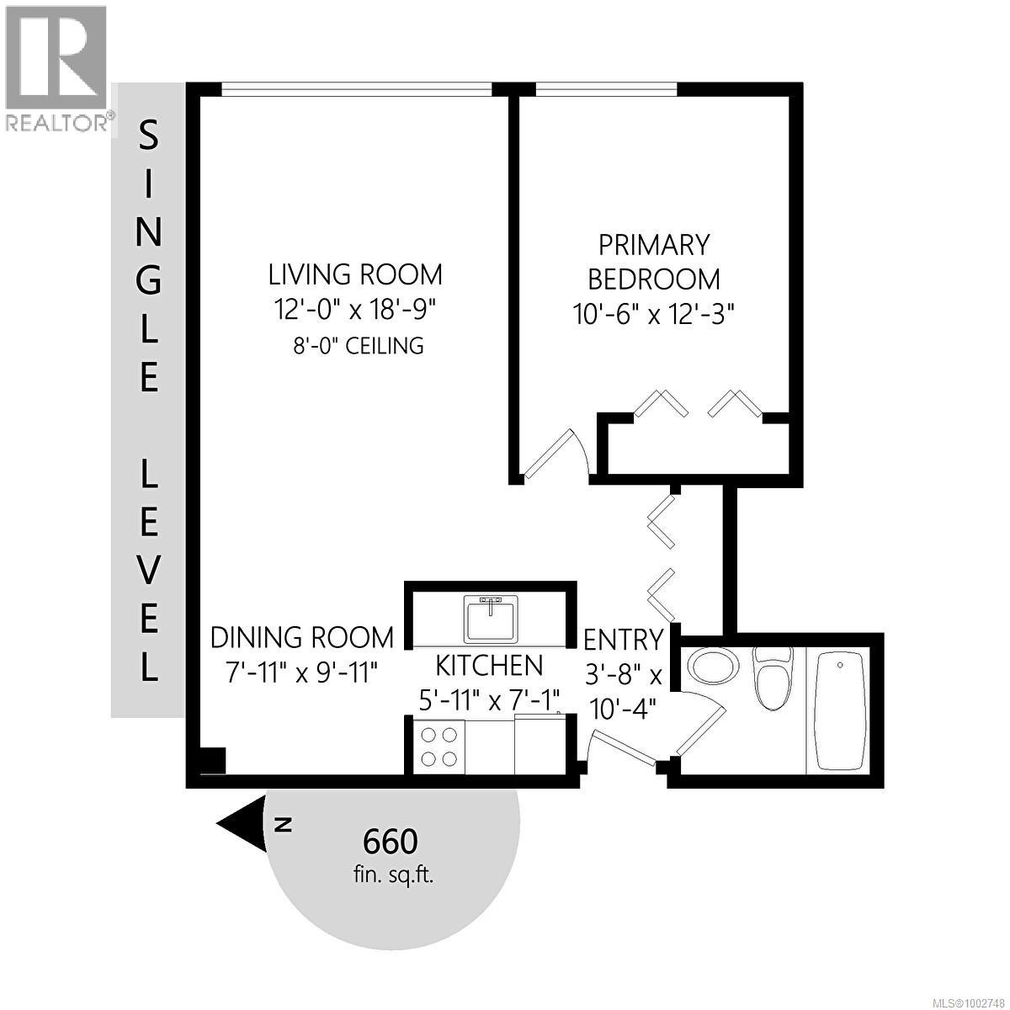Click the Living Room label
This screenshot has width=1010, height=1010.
pyautogui.click(x=355, y=274)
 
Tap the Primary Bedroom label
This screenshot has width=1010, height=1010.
pyautogui.click(x=653, y=262)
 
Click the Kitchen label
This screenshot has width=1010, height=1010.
pyautogui.click(x=489, y=665)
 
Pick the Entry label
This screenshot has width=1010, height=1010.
pyautogui.click(x=623, y=640)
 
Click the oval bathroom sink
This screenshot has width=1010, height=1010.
pyautogui.click(x=711, y=665)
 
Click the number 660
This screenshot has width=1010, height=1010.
pyautogui.click(x=390, y=840)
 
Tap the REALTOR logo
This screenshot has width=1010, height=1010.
pyautogui.click(x=56, y=67)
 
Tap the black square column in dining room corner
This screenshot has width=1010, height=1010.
pyautogui.click(x=212, y=760)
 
